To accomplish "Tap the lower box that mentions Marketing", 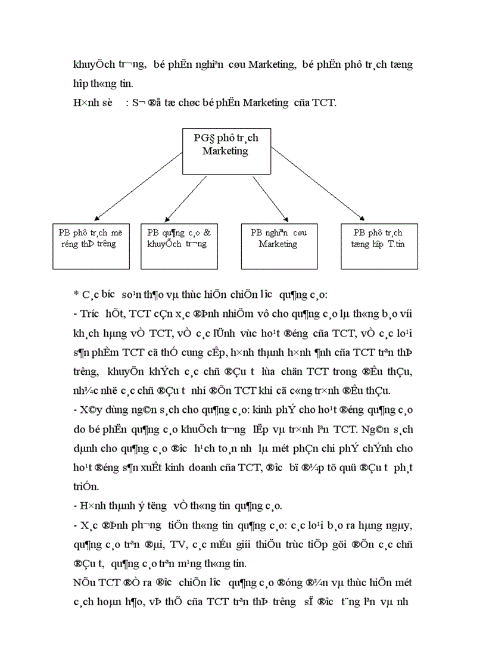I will tap(278, 245).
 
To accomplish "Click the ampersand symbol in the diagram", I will tap(206, 233).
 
